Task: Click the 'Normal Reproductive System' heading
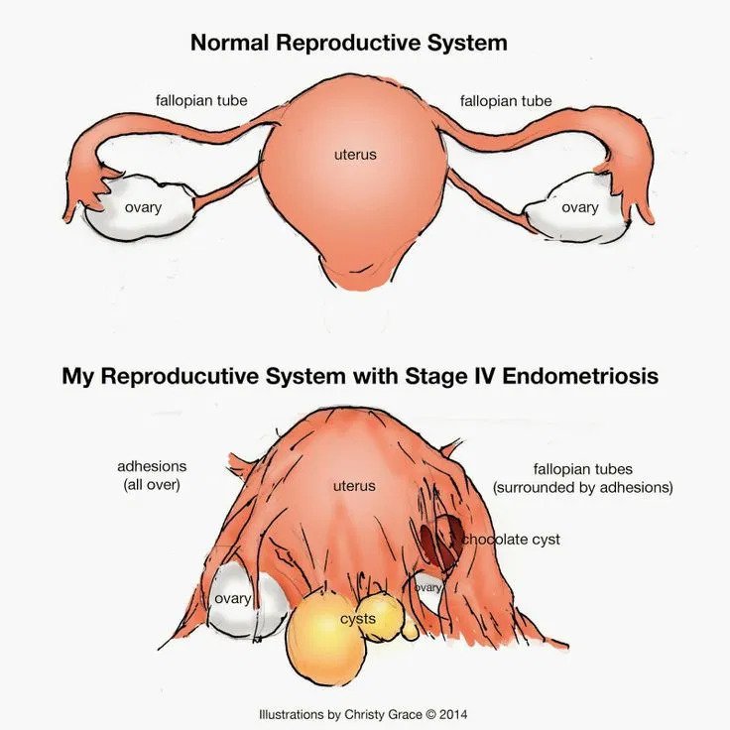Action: (x=349, y=43)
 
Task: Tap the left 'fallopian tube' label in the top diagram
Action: (x=201, y=100)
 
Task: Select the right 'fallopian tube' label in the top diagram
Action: (x=506, y=100)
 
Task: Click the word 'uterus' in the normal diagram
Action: (x=355, y=154)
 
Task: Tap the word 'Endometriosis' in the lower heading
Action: (x=580, y=376)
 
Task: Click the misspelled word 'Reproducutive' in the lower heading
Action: (x=181, y=376)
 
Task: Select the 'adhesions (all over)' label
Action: (x=152, y=475)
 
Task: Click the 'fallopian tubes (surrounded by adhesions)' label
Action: (x=583, y=478)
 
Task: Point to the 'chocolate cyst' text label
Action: (x=511, y=540)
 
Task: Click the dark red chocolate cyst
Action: (x=440, y=540)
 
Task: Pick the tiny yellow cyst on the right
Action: (x=411, y=629)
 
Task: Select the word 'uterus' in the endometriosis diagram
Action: (x=354, y=486)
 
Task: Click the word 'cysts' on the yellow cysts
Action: (x=357, y=619)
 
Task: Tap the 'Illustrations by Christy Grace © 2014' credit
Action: (x=363, y=714)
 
